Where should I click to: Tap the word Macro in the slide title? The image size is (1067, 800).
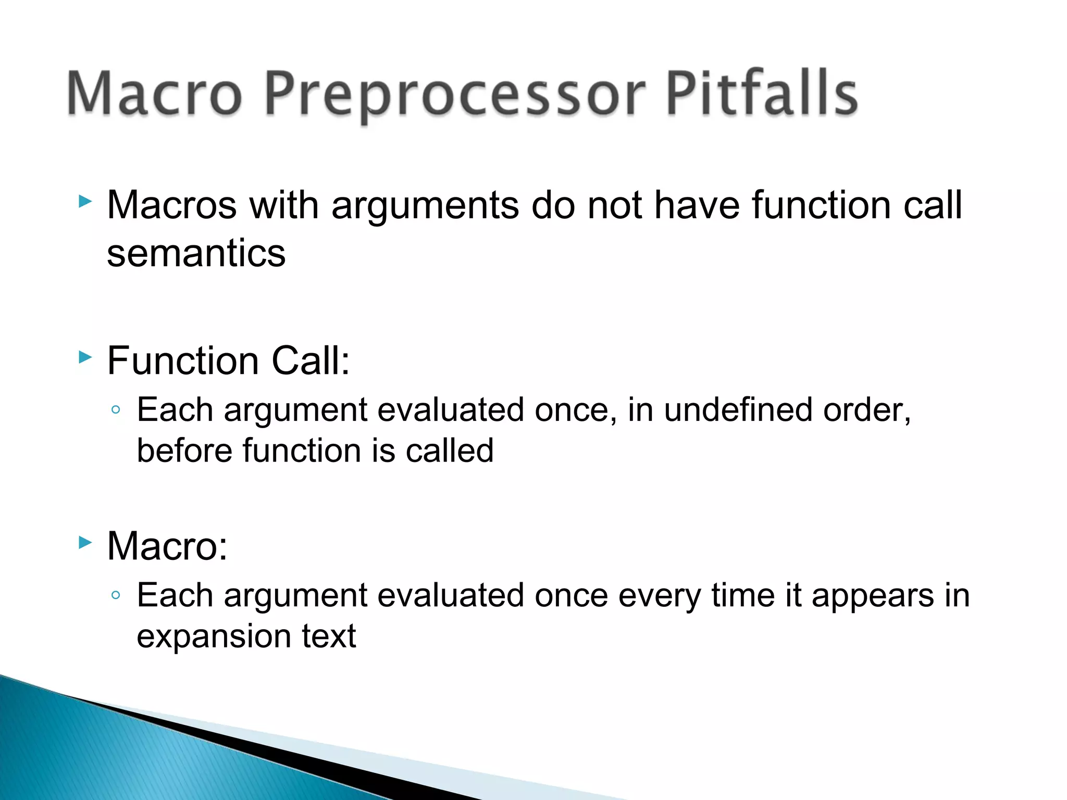155,94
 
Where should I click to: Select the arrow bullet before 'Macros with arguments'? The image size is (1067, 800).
85,201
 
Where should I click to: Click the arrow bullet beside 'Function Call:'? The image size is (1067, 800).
85,357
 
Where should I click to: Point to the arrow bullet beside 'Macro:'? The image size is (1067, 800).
85,543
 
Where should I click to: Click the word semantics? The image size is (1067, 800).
196,254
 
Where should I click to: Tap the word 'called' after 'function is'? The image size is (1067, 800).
449,451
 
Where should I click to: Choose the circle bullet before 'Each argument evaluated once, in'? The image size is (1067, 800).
116,409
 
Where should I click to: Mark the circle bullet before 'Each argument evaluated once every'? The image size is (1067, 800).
116,595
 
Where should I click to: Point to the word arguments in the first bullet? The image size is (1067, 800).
425,206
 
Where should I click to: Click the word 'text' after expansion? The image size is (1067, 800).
329,636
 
